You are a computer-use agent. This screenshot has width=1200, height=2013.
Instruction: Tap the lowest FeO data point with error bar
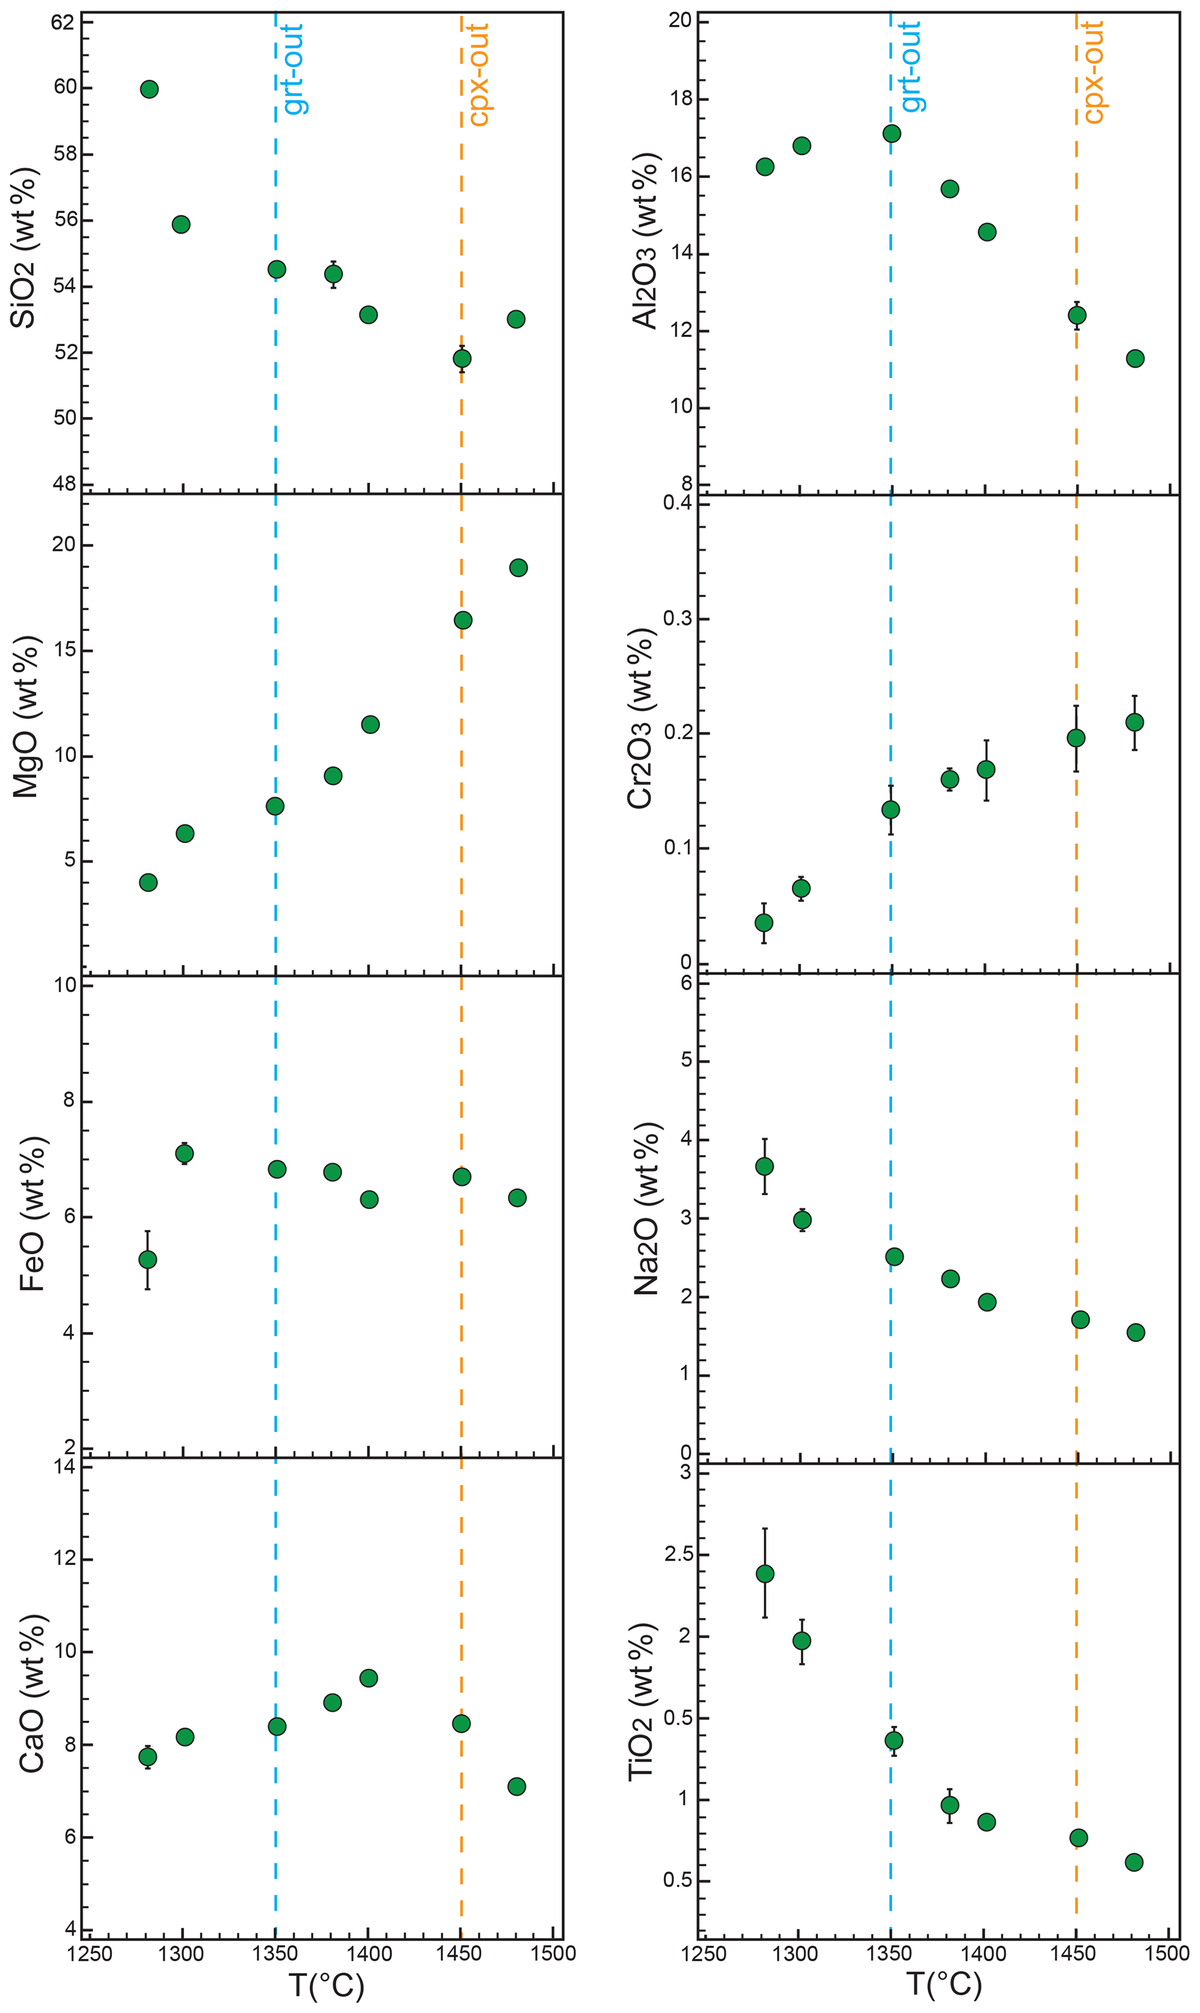(x=147, y=1260)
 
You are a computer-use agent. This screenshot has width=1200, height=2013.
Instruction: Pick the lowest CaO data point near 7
(x=517, y=1787)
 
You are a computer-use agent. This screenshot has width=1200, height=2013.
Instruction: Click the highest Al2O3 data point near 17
(x=892, y=134)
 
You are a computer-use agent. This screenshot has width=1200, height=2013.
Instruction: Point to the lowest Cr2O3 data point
(x=763, y=922)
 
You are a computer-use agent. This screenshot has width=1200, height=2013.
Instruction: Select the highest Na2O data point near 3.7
(x=764, y=1166)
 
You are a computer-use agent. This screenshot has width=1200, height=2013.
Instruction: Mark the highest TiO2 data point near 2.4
(x=764, y=1573)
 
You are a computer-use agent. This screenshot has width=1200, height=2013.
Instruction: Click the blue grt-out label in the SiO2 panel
(x=294, y=68)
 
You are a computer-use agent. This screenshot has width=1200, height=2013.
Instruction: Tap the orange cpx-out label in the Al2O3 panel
(x=1093, y=73)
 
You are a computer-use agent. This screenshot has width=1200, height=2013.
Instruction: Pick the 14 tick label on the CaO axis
(x=63, y=1466)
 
